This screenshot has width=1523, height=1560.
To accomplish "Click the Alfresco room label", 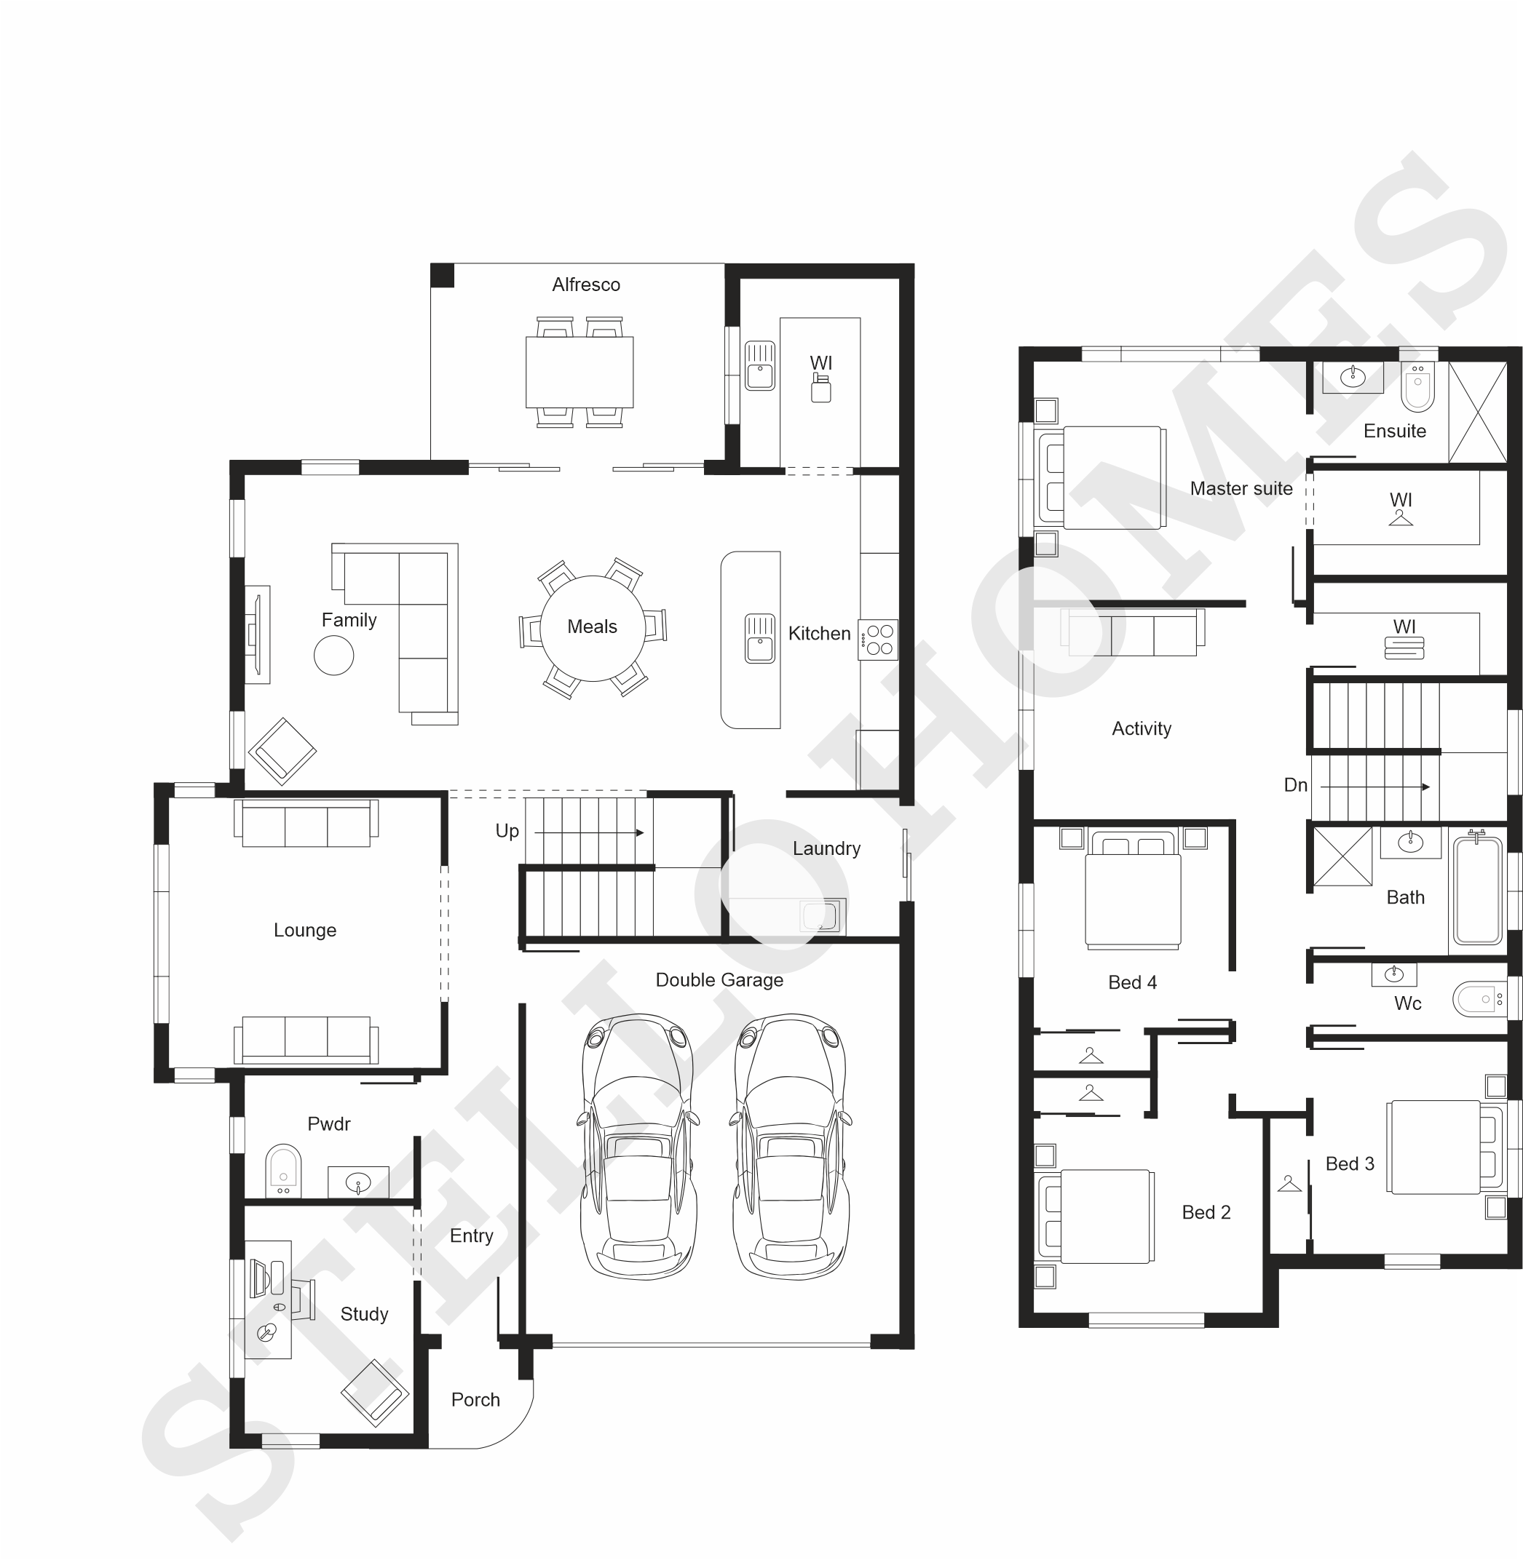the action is click(x=585, y=284).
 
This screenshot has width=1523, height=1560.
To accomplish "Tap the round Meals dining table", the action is click(x=592, y=628).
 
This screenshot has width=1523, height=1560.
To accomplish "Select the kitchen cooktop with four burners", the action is click(x=877, y=640).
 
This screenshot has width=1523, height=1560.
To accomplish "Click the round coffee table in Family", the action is click(x=333, y=656).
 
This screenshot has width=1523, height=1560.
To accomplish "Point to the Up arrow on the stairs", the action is click(x=589, y=832).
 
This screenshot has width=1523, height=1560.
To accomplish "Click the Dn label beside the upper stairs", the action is click(x=1295, y=785).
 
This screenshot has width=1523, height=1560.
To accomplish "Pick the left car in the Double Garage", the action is click(x=638, y=1147).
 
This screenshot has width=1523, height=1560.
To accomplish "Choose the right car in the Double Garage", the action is click(x=791, y=1147).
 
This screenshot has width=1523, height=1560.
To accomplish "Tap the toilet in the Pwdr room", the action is click(x=283, y=1171).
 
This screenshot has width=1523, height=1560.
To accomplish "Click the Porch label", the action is click(x=475, y=1399).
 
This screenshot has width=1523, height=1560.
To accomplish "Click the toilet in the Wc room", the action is click(x=1480, y=1000).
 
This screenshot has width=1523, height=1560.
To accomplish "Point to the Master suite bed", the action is click(x=1101, y=477).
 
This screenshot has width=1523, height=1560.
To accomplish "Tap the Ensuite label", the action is click(x=1394, y=431).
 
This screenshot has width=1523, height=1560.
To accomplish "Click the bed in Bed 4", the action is click(x=1133, y=890).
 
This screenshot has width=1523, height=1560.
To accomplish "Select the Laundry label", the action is click(x=826, y=848).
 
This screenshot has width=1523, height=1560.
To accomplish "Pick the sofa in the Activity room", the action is click(x=1133, y=632).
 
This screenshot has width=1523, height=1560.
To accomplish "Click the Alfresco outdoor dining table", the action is click(x=579, y=372).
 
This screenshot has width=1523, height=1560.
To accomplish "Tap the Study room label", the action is click(x=364, y=1314).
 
